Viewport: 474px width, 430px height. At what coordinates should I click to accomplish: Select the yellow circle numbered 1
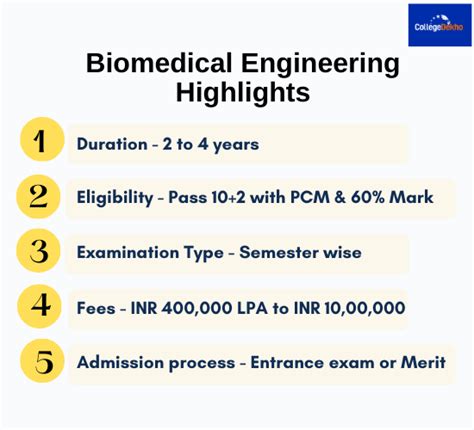coord(40,143)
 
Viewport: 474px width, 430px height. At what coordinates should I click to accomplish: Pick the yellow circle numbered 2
coord(40,197)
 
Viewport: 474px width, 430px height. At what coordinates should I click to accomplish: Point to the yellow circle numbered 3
coord(40,252)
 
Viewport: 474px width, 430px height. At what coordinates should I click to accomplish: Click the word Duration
coord(109,144)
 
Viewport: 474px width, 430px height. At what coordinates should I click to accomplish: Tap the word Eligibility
coord(114,198)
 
